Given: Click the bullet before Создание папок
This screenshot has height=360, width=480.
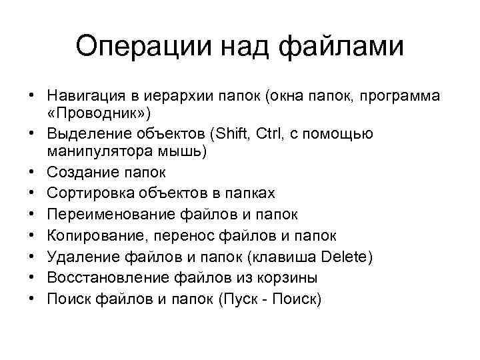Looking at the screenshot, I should click(32, 173).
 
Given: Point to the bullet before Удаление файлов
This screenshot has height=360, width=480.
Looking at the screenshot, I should click(32, 257).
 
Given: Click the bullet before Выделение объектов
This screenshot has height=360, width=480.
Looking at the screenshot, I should click(32, 134).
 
